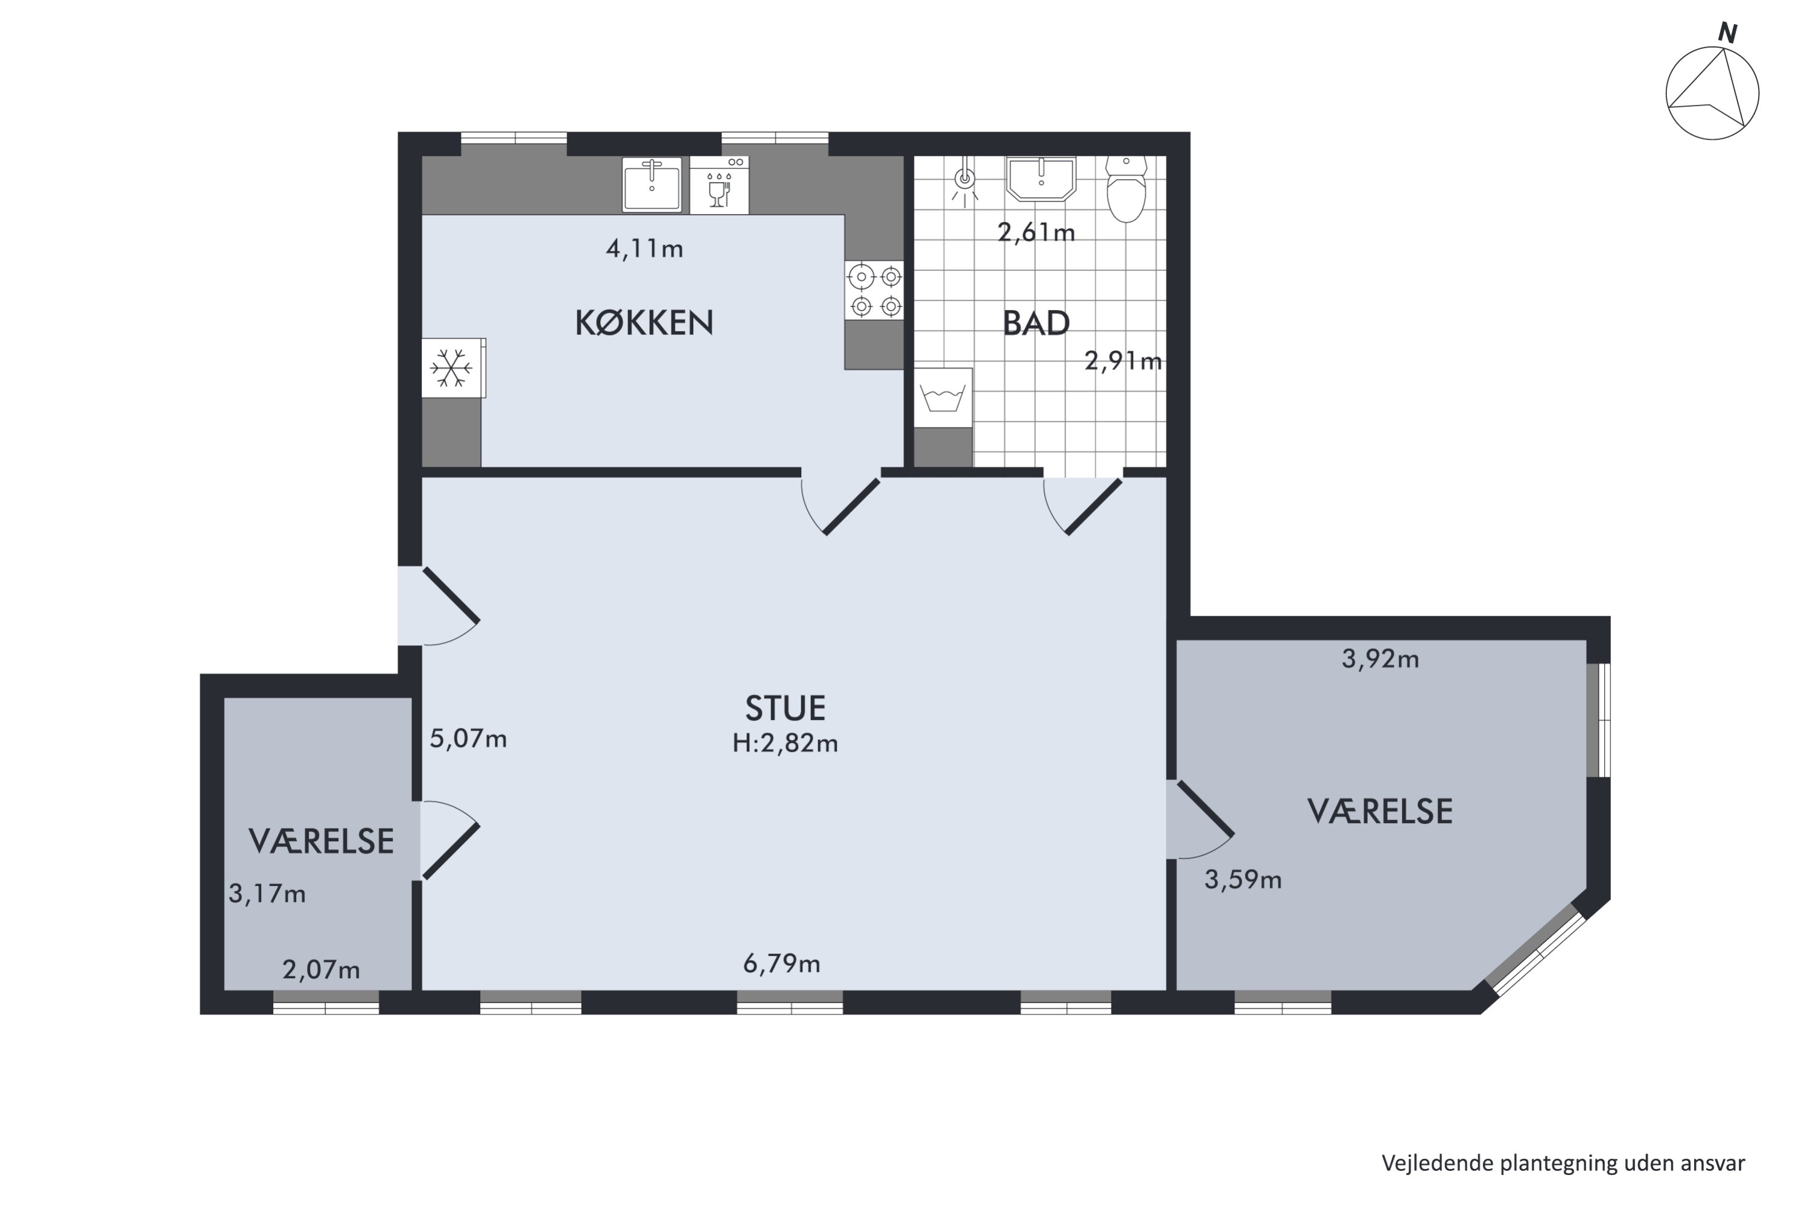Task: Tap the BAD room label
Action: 1036,323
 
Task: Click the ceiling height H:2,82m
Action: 785,744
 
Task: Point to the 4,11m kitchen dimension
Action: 644,249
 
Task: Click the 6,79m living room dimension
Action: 781,964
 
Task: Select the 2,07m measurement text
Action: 321,970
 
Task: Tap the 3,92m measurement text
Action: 1380,659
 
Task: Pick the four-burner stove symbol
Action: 874,290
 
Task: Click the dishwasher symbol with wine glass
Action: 719,185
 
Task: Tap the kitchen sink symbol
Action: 652,184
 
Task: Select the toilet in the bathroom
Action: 1126,188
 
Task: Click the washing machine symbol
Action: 942,398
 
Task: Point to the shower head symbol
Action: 964,180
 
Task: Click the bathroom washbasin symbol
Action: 1040,178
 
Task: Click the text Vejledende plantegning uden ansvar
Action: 1563,1163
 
